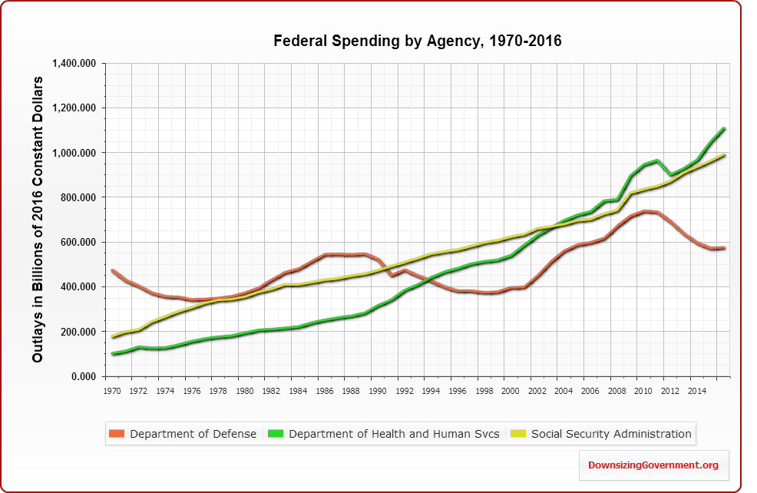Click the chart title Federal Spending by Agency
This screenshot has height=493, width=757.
(x=418, y=41)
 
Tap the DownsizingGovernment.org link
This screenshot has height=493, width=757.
(x=653, y=465)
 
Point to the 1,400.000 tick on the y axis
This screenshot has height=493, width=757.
(x=74, y=63)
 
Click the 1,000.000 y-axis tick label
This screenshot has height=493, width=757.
(x=74, y=153)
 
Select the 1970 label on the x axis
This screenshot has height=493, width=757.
(x=112, y=391)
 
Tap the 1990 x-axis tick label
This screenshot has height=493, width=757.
(x=377, y=391)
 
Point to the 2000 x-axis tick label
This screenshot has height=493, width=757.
(x=510, y=391)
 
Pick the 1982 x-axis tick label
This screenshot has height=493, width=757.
(x=271, y=391)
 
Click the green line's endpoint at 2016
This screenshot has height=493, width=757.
(x=724, y=129)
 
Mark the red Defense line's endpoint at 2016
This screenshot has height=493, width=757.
(x=724, y=248)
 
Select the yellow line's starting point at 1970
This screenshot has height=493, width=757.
(x=113, y=336)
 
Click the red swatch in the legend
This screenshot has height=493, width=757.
(x=117, y=434)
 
